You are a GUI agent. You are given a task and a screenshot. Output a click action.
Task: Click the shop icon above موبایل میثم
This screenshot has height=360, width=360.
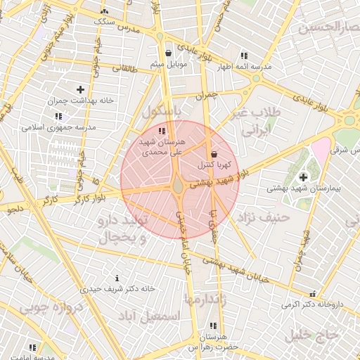click(x=168, y=53)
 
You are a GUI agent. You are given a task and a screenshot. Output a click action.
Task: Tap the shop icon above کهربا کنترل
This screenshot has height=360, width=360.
click(x=214, y=154)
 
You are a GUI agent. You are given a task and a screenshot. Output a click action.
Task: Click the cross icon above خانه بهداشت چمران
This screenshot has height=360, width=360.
click(x=81, y=89)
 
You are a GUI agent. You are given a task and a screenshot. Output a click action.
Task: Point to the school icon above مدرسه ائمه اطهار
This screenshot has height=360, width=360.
click(x=243, y=56)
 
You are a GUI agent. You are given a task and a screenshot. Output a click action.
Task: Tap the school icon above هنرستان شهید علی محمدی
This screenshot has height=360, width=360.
click(x=162, y=131)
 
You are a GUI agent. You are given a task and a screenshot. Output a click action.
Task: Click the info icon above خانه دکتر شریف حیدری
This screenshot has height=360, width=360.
click(x=117, y=278)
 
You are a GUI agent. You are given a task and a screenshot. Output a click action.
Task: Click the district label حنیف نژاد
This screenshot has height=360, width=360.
click(x=263, y=217)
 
